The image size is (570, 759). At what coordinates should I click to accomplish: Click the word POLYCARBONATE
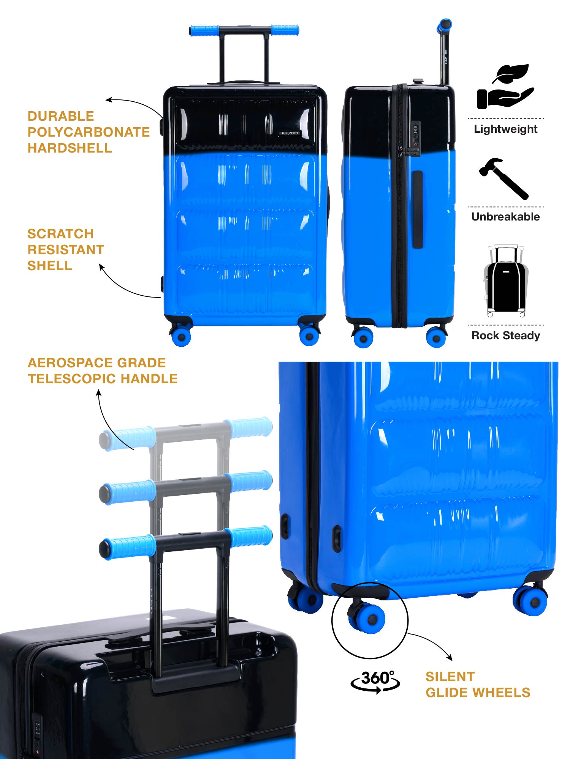click(x=89, y=132)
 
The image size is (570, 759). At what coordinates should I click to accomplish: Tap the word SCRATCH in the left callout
click(x=60, y=234)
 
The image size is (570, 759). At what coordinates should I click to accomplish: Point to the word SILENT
click(x=450, y=677)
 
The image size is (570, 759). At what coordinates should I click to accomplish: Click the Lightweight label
click(x=505, y=129)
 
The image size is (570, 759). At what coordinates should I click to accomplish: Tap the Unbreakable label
click(x=505, y=217)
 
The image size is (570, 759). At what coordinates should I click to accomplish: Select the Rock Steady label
click(x=505, y=335)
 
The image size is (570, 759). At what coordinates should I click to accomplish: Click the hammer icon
click(x=504, y=178)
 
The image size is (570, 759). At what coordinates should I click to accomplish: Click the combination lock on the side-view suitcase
click(x=415, y=134)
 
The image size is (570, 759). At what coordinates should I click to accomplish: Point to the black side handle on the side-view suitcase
click(x=418, y=209)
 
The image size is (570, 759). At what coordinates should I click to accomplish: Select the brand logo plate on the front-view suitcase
click(x=290, y=133)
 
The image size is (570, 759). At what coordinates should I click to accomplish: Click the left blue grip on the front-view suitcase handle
click(x=204, y=30)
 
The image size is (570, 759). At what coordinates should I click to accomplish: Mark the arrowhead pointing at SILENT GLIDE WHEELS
click(x=450, y=658)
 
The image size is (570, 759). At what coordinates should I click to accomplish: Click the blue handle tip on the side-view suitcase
click(x=445, y=25)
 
